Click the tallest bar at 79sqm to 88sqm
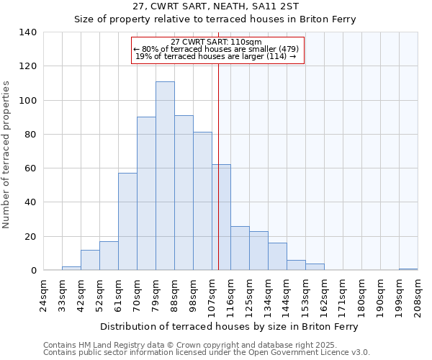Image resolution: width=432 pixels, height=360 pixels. click(x=165, y=176)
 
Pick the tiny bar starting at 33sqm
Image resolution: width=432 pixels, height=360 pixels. click(x=71, y=269)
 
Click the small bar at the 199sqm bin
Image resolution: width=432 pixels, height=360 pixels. click(x=408, y=269)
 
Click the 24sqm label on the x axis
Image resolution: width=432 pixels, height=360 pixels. click(x=44, y=294)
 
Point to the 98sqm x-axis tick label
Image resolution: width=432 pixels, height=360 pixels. click(x=194, y=294)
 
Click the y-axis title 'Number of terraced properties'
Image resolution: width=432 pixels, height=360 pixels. click(x=6, y=155)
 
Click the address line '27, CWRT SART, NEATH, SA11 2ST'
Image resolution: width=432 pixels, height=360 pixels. click(x=215, y=6)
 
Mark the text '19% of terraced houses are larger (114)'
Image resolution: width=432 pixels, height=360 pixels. click(x=216, y=56)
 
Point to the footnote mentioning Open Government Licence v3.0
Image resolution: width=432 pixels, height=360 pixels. click(x=207, y=352)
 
